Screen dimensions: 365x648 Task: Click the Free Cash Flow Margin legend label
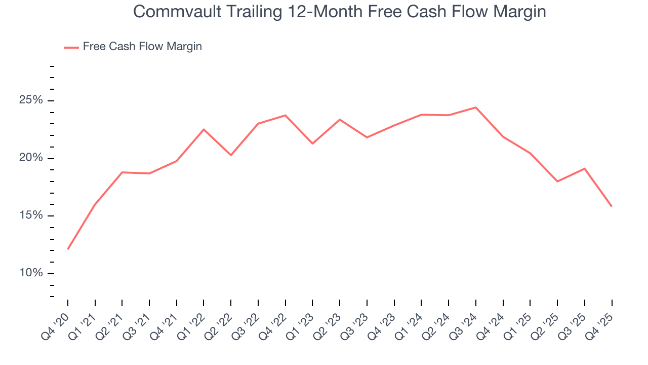coord(142,47)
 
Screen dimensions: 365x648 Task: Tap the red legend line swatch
coord(71,47)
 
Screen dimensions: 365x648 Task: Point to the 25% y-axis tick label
coord(31,100)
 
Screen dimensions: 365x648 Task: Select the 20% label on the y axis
coord(31,158)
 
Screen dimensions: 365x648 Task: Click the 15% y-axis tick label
coord(31,216)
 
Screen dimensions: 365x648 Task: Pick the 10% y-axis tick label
coord(31,274)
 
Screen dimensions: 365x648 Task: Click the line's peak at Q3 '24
coord(476,107)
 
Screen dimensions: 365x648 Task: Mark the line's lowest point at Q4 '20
coord(68,249)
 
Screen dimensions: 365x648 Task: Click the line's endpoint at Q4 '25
coord(612,206)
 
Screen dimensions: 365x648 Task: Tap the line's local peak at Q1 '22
coord(204,129)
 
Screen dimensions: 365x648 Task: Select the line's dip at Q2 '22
coord(231,155)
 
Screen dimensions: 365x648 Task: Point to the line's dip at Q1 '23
coord(312,143)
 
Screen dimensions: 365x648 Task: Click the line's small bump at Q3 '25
coord(585,168)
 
